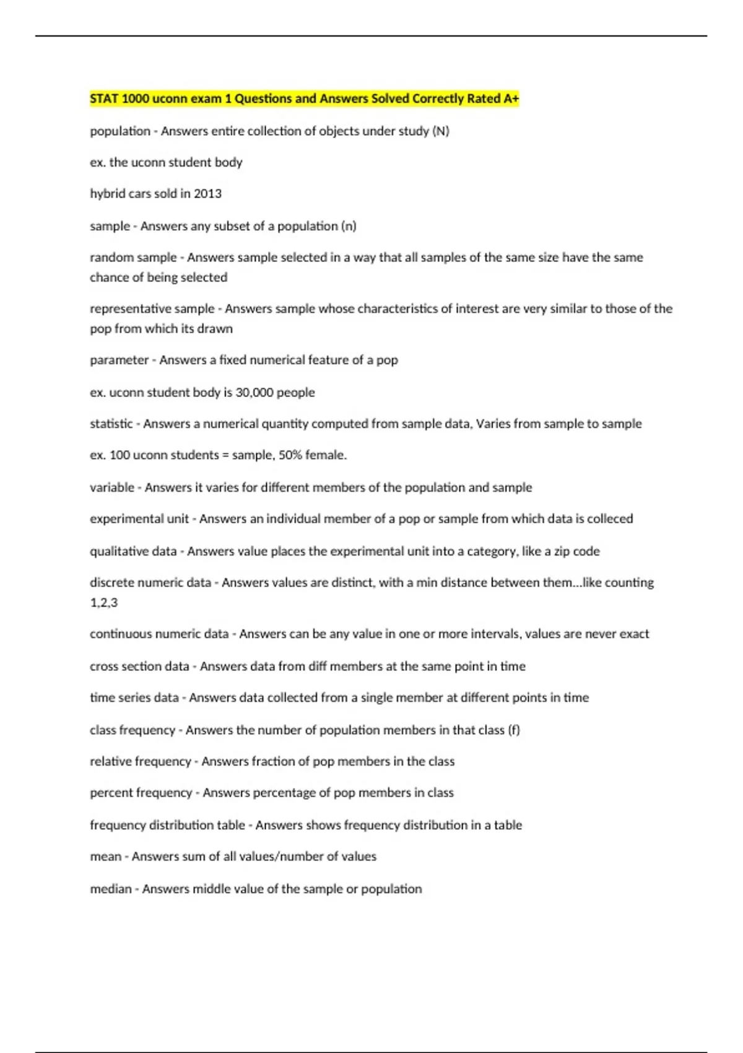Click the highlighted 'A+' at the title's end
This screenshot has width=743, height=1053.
pyautogui.click(x=511, y=98)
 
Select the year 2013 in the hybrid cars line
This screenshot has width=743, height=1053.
pyautogui.click(x=207, y=193)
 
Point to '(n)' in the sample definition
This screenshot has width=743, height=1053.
pyautogui.click(x=349, y=226)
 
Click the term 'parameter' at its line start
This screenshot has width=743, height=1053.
pyautogui.click(x=119, y=360)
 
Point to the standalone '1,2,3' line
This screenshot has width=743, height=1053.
pyautogui.click(x=103, y=602)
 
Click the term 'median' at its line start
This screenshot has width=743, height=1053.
pyautogui.click(x=111, y=889)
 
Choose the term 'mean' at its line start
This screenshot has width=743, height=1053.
pyautogui.click(x=105, y=856)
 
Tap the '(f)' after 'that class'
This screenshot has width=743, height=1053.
pyautogui.click(x=514, y=730)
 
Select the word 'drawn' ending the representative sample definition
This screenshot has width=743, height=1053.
pyautogui.click(x=215, y=328)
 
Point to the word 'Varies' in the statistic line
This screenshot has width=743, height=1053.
pyautogui.click(x=494, y=424)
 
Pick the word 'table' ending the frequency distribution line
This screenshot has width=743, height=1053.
pyautogui.click(x=508, y=825)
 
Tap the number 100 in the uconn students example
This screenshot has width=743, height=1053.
pyautogui.click(x=119, y=455)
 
